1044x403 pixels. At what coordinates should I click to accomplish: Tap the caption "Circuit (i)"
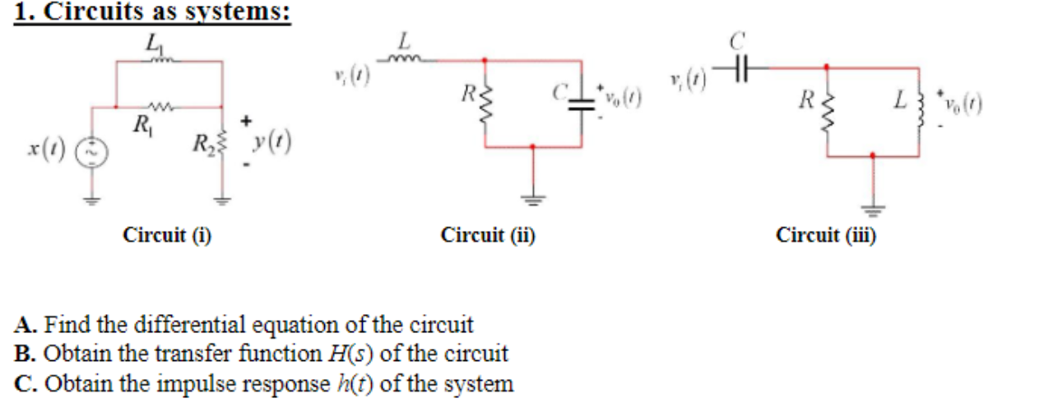point(167,236)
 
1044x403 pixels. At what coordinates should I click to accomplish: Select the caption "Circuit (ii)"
point(489,236)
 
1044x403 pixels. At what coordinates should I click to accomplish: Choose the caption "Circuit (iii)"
point(826,236)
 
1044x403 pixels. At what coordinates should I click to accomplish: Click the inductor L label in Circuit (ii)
point(403,39)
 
